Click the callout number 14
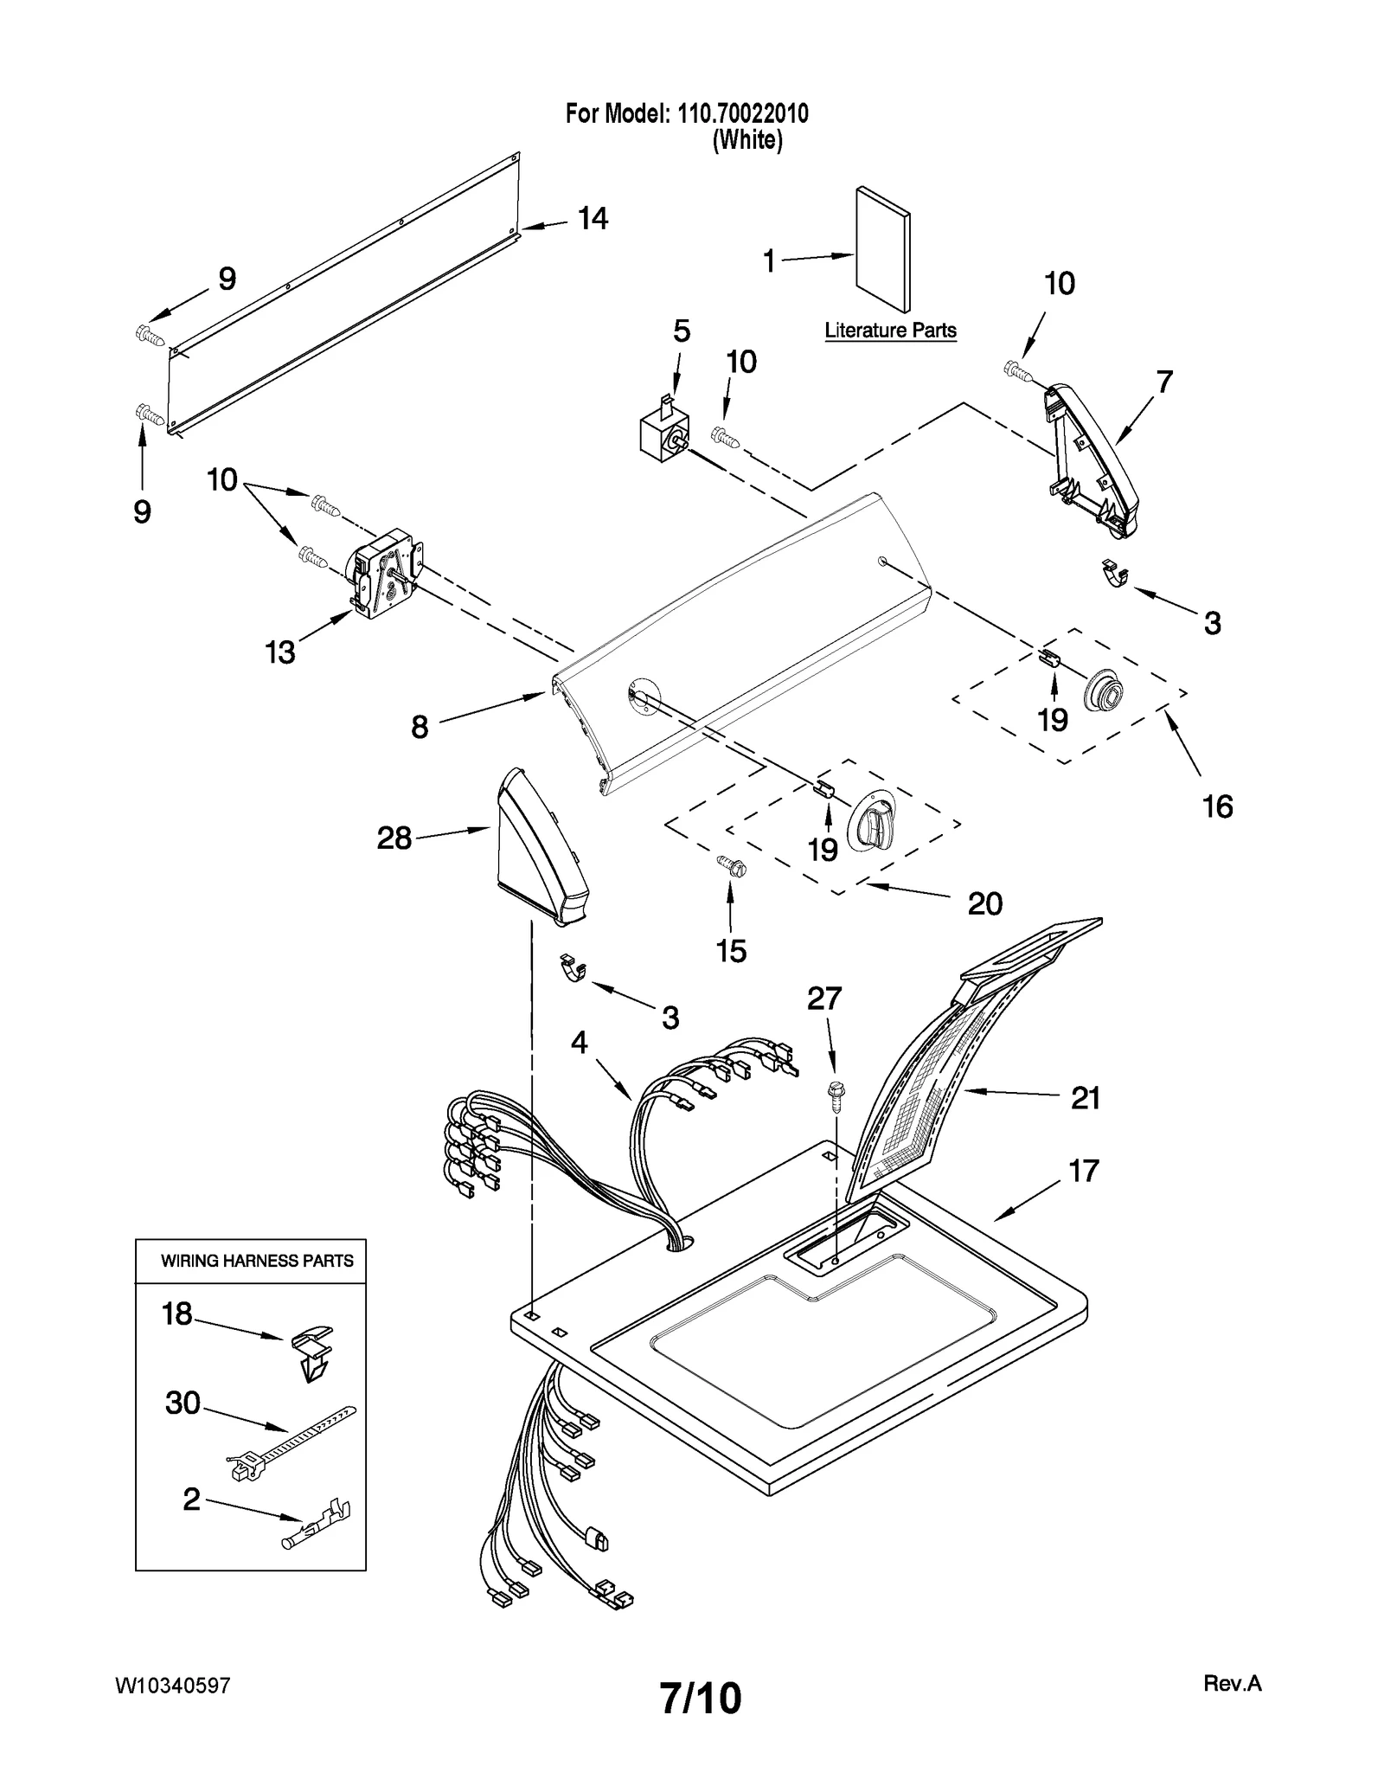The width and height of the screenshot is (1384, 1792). click(593, 219)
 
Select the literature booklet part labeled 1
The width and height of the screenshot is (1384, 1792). click(882, 249)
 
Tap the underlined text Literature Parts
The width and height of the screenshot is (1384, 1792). click(890, 331)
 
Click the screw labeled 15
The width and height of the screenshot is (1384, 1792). click(729, 865)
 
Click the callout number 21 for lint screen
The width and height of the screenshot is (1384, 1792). click(1085, 1098)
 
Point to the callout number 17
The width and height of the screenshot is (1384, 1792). click(1083, 1172)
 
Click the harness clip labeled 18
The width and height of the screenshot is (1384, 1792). click(311, 1356)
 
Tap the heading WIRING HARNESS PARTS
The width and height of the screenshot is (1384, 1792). click(257, 1262)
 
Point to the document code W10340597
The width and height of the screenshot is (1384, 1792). click(173, 1686)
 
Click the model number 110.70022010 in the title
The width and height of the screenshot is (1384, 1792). click(740, 113)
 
